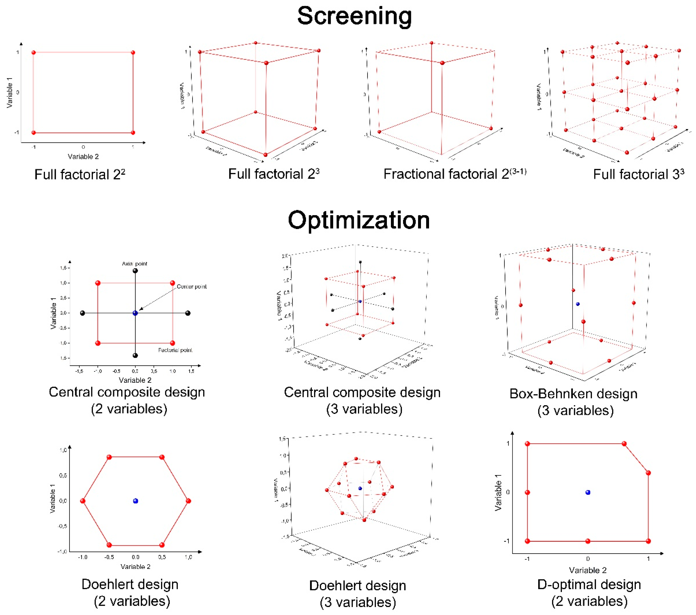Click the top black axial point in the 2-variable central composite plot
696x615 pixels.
(135, 271)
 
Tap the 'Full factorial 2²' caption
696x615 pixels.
(80, 174)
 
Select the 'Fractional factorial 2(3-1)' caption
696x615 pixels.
(455, 174)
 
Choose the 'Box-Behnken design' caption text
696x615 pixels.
(573, 394)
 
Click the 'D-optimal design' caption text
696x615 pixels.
(589, 584)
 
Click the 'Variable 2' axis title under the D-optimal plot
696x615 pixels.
(588, 570)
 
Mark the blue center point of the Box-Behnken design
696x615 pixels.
(578, 304)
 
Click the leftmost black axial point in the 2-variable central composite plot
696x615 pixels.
(82, 313)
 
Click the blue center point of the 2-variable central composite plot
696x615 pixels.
(135, 313)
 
